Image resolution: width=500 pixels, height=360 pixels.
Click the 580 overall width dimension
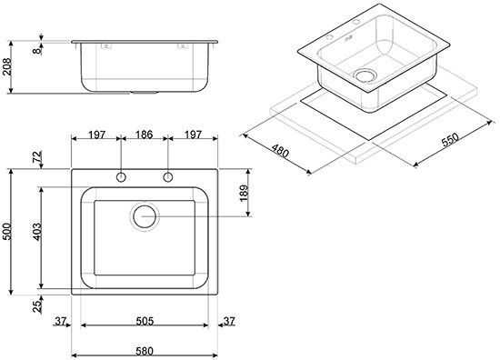pyautogui.click(x=145, y=351)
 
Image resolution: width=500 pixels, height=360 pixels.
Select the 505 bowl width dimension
pyautogui.click(x=145, y=321)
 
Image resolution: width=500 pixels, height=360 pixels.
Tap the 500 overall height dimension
pyautogui.click(x=6, y=232)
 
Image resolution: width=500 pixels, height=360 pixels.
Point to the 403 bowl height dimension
pyautogui.click(x=36, y=232)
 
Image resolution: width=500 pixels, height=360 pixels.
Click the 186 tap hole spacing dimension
pyautogui.click(x=145, y=135)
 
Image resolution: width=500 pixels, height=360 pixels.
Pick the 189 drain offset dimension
pyautogui.click(x=244, y=193)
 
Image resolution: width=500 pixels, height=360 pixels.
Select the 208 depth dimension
pyautogui.click(x=6, y=66)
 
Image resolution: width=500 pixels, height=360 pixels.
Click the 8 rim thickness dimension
pyautogui.click(x=37, y=50)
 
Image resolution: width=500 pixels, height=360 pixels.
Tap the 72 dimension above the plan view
pyautogui.click(x=37, y=157)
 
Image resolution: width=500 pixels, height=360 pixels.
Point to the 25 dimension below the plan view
pyautogui.click(x=37, y=306)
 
